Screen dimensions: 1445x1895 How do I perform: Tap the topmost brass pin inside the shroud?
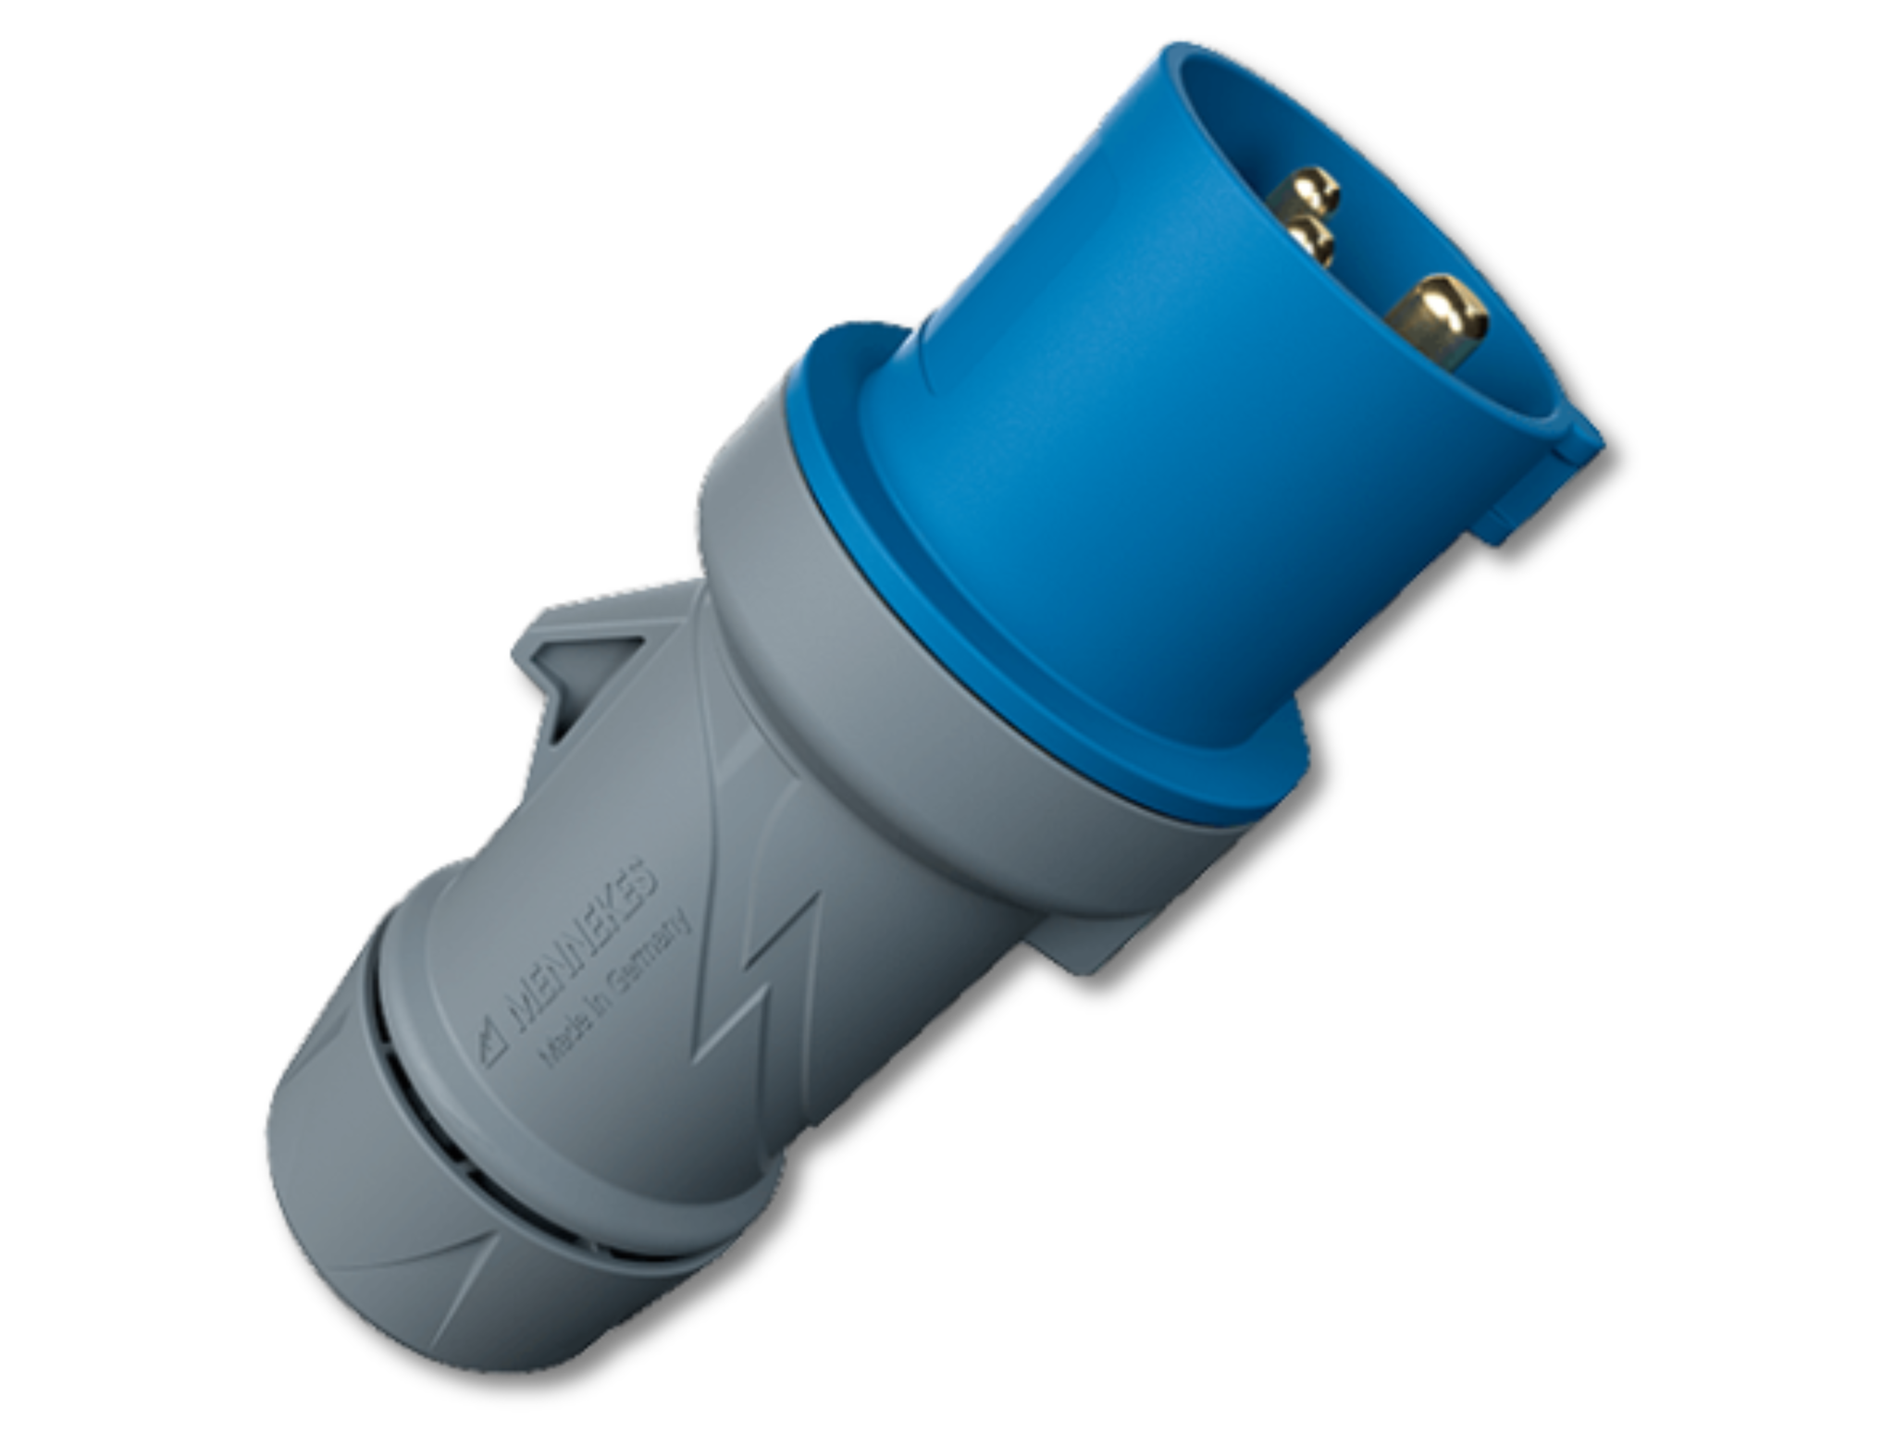coord(1307,191)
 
